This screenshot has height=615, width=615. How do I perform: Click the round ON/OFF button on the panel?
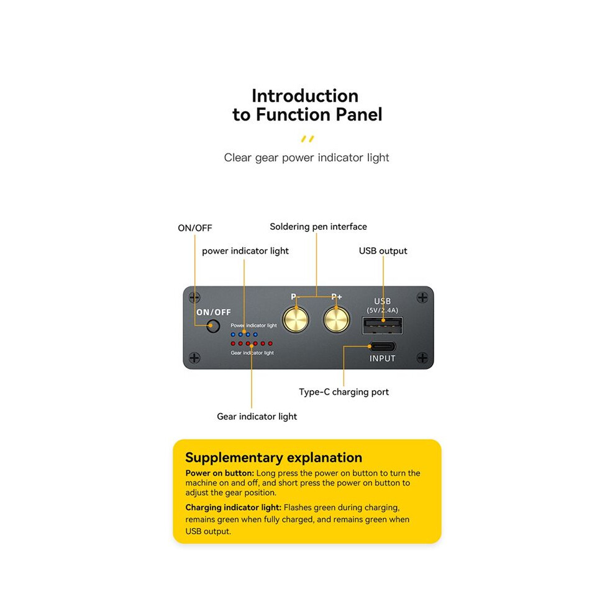pos(213,326)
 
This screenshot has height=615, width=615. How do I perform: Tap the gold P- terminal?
pos(295,320)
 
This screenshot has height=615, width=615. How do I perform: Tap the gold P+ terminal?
pos(337,320)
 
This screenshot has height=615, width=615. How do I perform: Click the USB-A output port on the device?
pos(383,326)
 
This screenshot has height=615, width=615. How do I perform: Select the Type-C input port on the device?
pos(383,347)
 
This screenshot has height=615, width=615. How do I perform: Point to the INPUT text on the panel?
pos(383,358)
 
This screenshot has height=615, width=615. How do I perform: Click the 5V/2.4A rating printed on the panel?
pos(383,310)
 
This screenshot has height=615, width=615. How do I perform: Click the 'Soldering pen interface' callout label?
pos(318,227)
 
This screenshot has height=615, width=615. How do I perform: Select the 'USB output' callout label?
pos(383,251)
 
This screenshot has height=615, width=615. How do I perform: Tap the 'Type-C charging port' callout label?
pos(344,392)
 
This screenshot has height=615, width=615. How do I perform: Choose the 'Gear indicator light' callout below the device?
pos(257,417)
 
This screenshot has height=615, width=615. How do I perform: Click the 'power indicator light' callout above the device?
pos(245,251)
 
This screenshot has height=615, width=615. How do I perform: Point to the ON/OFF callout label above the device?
pos(195,228)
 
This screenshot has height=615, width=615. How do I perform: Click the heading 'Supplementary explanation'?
pos(274,458)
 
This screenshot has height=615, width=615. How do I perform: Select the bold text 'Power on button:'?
pos(220,473)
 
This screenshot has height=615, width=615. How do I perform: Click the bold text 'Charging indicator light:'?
pos(234,508)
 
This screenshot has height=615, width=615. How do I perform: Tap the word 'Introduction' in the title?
pos(305,96)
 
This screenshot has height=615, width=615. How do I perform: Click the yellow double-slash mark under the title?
pos(307,139)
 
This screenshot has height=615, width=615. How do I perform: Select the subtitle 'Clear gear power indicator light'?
pos(306,158)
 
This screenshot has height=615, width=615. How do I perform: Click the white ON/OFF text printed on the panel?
pos(213,312)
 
